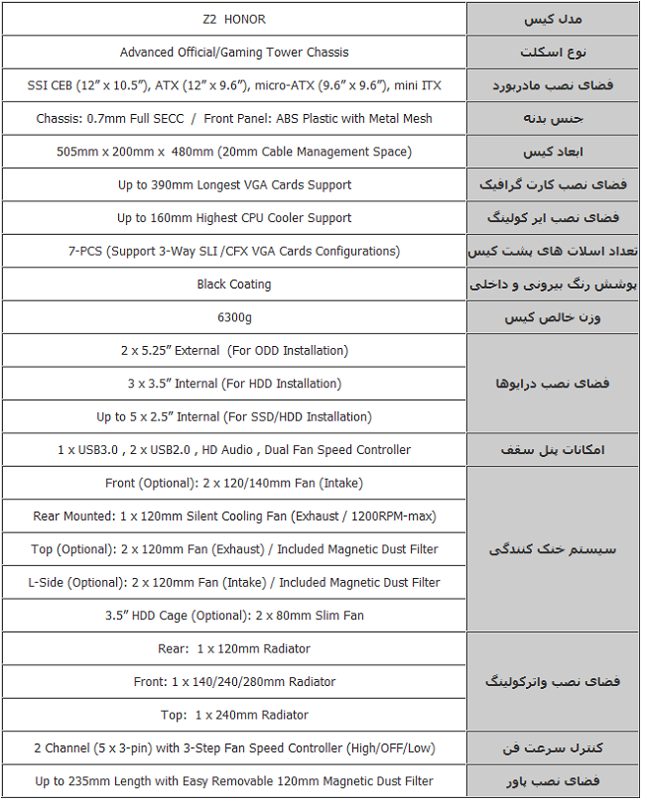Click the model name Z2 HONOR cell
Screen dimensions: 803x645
234,20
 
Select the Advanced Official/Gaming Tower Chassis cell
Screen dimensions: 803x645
234,53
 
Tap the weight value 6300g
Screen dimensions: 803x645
234,317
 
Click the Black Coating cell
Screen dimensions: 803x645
234,285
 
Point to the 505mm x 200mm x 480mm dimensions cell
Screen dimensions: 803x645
234,152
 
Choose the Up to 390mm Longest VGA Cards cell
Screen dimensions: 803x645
234,184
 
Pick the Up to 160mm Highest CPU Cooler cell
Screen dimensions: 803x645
234,218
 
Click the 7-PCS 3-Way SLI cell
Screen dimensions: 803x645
234,251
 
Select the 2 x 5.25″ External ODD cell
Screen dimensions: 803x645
234,350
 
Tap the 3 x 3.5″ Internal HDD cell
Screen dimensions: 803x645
234,384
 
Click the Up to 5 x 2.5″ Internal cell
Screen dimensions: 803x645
234,416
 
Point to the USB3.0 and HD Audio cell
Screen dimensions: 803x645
234,450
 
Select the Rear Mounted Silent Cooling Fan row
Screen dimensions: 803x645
234,516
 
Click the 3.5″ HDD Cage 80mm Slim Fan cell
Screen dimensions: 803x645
234,616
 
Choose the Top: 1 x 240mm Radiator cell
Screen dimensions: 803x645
234,715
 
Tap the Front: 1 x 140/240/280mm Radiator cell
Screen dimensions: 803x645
234,682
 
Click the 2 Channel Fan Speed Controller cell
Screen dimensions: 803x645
234,747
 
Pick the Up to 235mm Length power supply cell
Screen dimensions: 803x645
234,781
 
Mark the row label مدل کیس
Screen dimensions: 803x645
553,20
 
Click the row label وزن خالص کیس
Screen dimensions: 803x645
553,317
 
